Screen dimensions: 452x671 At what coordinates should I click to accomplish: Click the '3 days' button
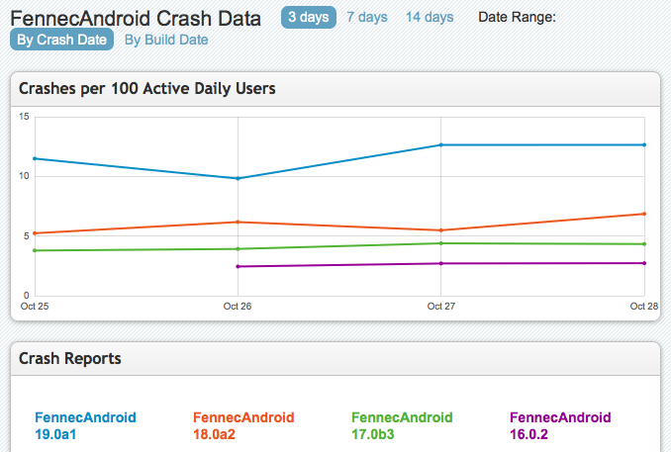[309, 17]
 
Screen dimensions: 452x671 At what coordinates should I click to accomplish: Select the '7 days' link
[366, 17]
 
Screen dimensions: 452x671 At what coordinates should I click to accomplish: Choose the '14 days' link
[430, 17]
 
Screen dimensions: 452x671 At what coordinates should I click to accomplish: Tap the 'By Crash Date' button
[61, 40]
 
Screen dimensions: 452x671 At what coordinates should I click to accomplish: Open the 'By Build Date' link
[166, 40]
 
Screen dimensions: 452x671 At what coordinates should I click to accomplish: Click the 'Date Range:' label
[517, 17]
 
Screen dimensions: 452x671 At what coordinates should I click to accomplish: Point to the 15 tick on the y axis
[24, 118]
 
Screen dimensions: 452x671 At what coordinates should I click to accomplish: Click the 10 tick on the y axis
[24, 177]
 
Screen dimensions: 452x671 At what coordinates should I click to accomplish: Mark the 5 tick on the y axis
[26, 236]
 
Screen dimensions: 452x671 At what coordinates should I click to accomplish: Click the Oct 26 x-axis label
[238, 307]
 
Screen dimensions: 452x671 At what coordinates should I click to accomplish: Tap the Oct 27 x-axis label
[440, 307]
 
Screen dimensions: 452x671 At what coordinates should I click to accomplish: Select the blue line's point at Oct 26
[238, 178]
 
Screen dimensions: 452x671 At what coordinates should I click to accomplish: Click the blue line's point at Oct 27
[440, 144]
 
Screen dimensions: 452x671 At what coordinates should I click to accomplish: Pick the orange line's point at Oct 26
[238, 222]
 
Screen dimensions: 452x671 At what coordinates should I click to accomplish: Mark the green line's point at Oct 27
[440, 243]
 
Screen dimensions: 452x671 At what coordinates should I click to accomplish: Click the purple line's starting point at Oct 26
[238, 266]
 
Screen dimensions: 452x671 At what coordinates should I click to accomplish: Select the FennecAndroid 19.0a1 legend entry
[85, 425]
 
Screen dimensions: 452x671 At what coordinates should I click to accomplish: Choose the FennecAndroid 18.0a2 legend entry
[243, 425]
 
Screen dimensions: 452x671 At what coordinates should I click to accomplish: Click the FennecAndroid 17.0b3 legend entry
[402, 425]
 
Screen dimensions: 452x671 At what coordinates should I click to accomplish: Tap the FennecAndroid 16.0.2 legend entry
[560, 425]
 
